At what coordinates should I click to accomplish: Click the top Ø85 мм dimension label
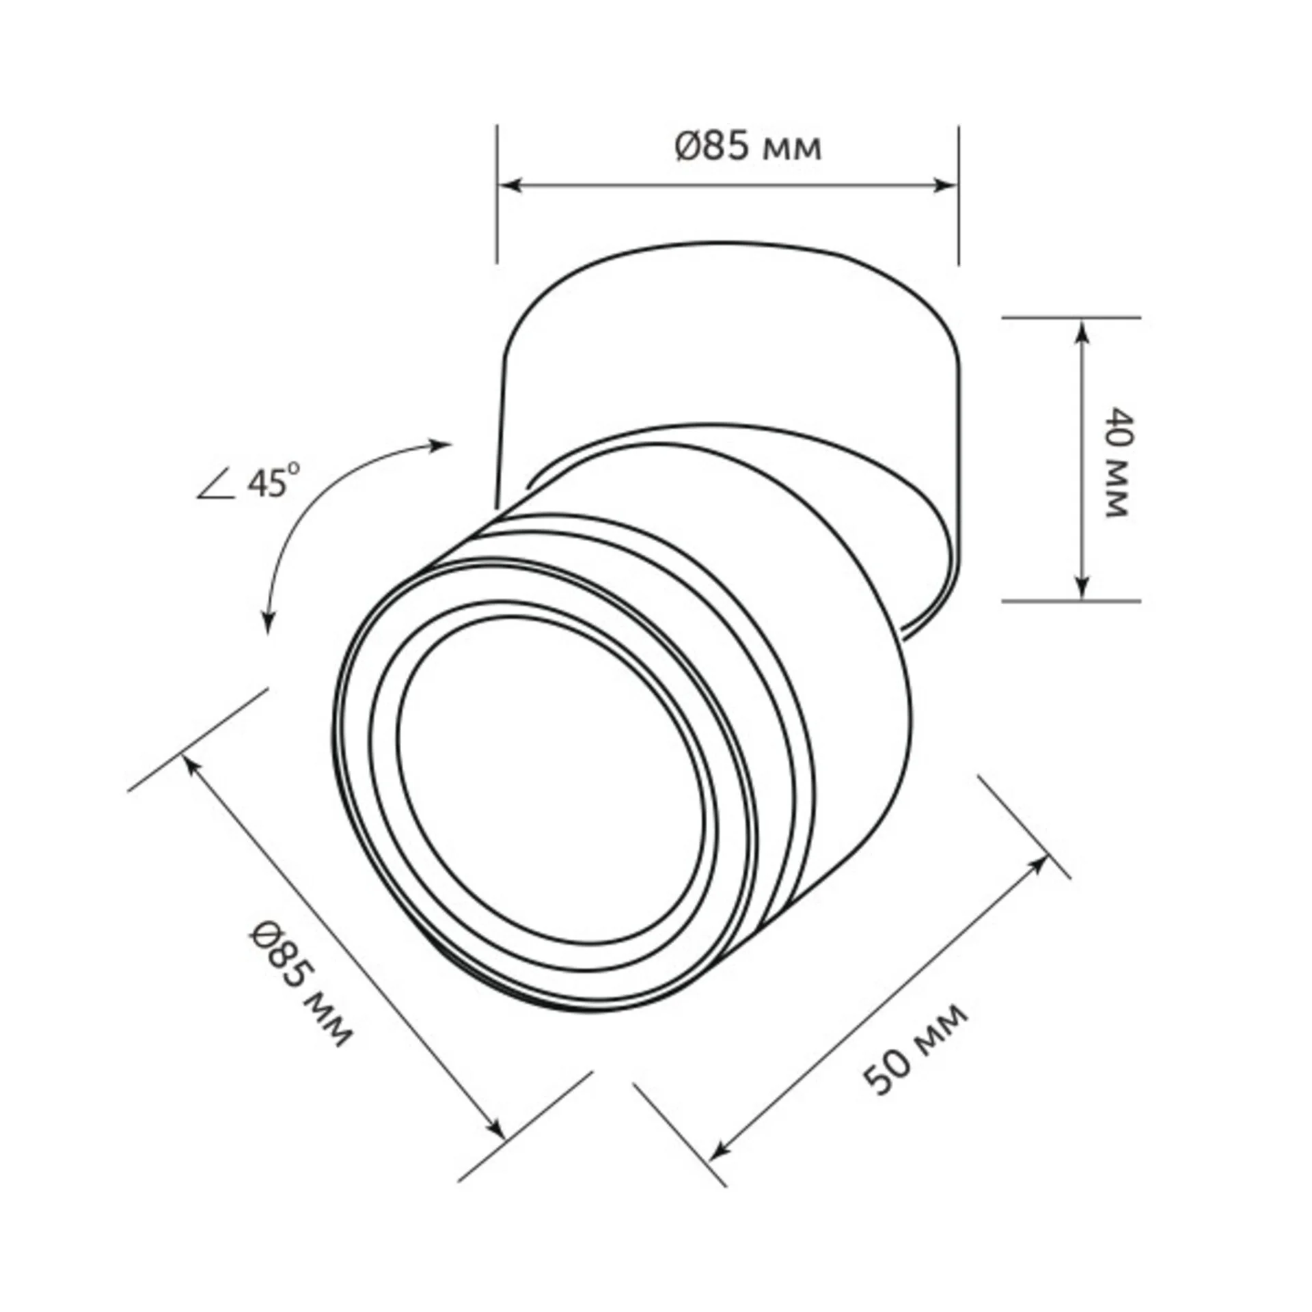748,147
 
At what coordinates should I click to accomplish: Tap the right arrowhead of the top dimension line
944,185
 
